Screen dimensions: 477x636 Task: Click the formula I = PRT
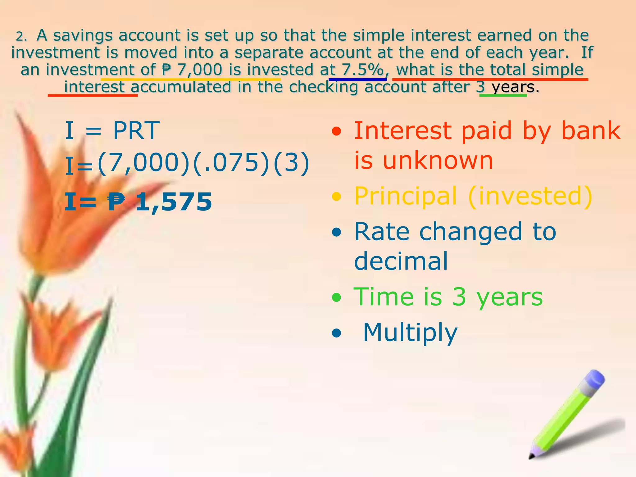point(112,131)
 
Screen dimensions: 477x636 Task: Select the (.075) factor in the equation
point(231,163)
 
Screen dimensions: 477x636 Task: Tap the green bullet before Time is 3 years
point(336,298)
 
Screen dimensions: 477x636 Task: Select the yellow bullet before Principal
point(336,196)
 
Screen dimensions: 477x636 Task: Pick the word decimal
point(401,261)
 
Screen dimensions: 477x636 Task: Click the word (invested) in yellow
point(530,196)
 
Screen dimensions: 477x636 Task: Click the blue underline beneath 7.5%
point(357,79)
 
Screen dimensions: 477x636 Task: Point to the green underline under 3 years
point(503,95)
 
